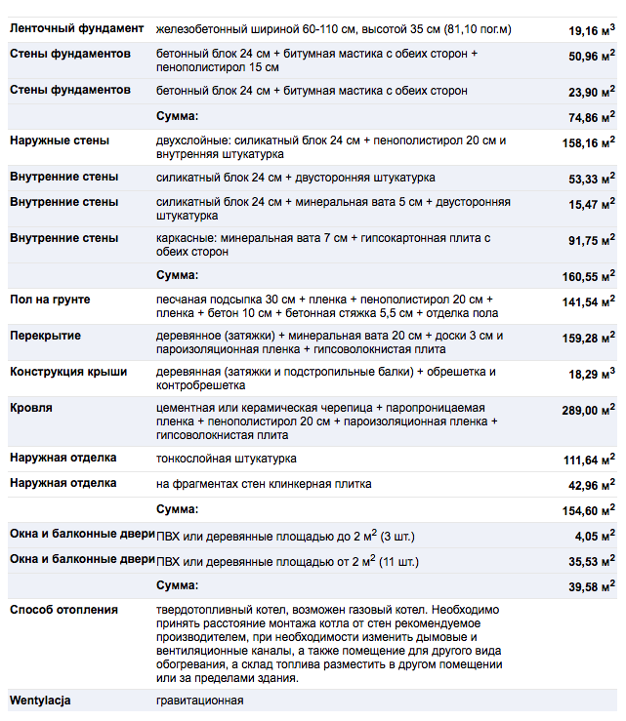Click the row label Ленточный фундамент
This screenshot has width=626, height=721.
[x=77, y=29]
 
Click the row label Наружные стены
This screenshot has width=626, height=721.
[x=60, y=140]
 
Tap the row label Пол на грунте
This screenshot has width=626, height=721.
[x=50, y=300]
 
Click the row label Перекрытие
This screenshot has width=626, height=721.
[x=45, y=336]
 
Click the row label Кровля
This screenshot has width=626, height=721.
[x=31, y=408]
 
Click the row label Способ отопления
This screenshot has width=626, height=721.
[x=63, y=610]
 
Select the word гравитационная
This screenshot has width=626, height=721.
[x=199, y=701]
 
